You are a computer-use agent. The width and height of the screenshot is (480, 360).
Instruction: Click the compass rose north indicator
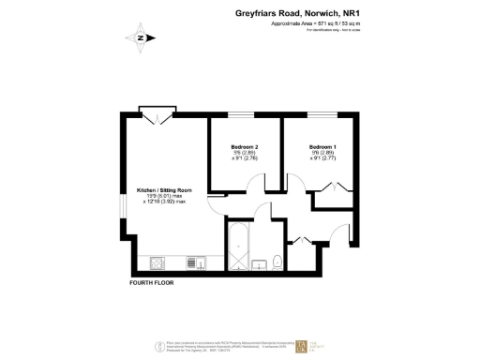(139, 38)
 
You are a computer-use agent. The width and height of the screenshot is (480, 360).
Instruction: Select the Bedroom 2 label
(244, 148)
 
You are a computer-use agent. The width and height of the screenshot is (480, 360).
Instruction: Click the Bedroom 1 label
(322, 148)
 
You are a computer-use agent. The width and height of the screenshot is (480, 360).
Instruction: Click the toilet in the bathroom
(277, 260)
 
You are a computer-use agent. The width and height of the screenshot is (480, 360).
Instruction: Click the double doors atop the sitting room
(155, 116)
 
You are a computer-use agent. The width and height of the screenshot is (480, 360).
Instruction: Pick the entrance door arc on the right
(342, 240)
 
